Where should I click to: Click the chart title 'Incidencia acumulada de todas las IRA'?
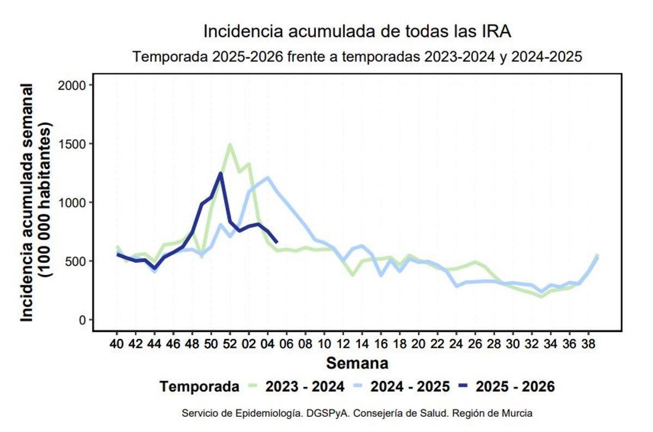click(357, 32)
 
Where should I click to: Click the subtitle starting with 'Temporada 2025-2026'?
click(358, 57)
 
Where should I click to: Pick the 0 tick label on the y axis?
click(83, 320)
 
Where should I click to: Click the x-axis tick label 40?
click(116, 344)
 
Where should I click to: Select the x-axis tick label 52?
click(230, 344)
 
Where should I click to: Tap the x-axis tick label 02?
click(249, 344)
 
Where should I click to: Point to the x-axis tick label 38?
click(588, 344)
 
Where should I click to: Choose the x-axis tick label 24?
click(456, 344)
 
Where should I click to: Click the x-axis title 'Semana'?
click(357, 362)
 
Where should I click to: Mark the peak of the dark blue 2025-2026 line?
click(220, 173)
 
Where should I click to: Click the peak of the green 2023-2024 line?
click(230, 145)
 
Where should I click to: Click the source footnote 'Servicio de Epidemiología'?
click(357, 414)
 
